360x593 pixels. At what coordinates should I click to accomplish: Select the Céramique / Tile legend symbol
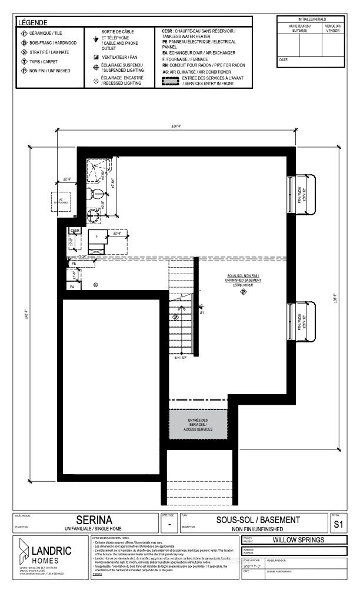pos(25,34)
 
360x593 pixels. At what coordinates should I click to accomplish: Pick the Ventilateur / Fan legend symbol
pos(95,57)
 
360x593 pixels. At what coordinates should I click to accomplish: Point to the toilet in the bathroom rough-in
pos(95,194)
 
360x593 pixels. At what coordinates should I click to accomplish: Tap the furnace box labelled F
pos(97,236)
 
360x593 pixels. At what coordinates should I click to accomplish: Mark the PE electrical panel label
pos(75,263)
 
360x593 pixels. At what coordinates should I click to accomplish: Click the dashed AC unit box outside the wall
pos(61,201)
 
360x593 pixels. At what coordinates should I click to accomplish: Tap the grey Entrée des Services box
pos(198,425)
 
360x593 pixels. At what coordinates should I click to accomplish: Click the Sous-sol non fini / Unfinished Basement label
pos(242,278)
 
